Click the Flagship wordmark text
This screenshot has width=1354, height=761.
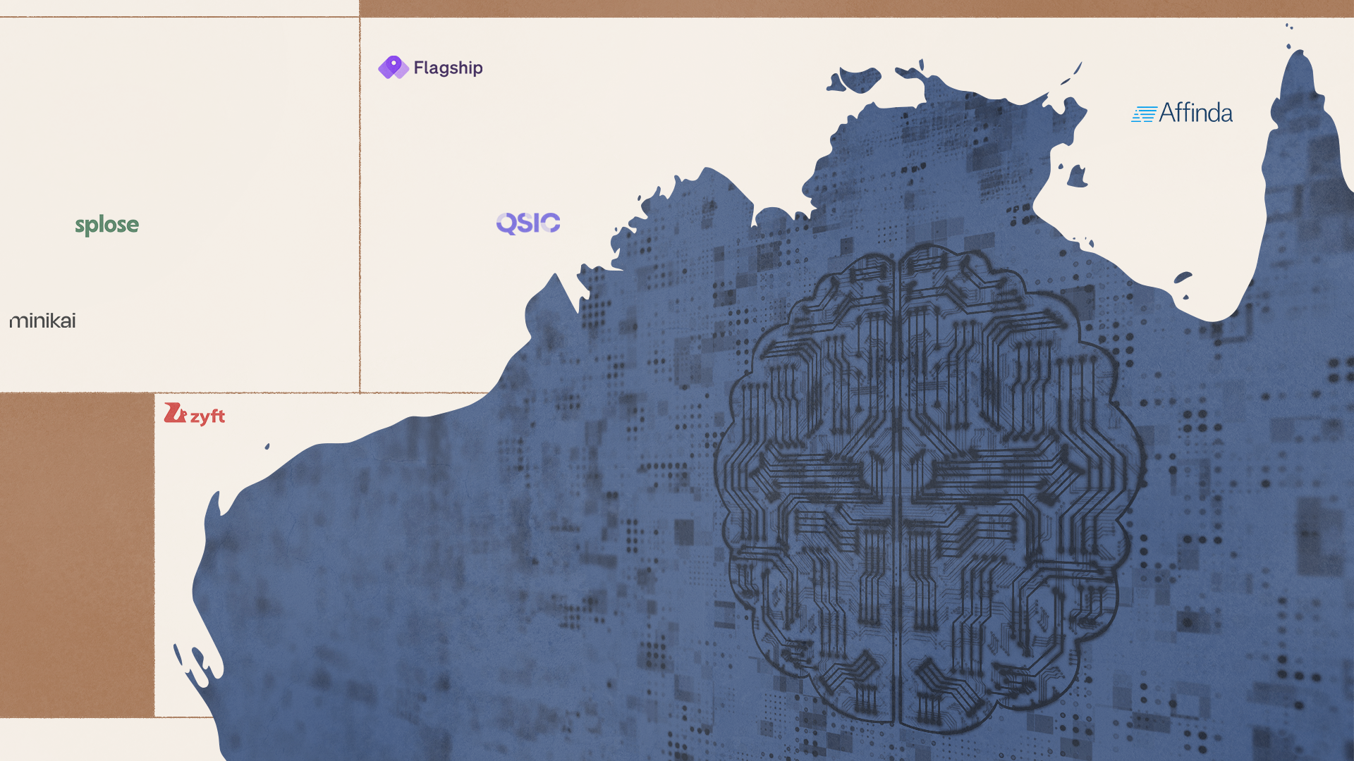pyautogui.click(x=448, y=68)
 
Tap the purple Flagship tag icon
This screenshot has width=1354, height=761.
pyautogui.click(x=393, y=68)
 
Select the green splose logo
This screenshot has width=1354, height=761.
pyautogui.click(x=107, y=225)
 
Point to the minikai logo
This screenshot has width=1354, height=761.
pyautogui.click(x=42, y=321)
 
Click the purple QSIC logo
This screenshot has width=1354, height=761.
pyautogui.click(x=528, y=223)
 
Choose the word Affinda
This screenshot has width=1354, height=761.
pyautogui.click(x=1195, y=113)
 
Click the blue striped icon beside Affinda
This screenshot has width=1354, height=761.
pyautogui.click(x=1143, y=114)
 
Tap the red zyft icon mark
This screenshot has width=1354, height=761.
pyautogui.click(x=174, y=413)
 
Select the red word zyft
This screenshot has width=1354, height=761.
pyautogui.click(x=207, y=416)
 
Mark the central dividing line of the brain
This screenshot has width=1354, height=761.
pyautogui.click(x=897, y=493)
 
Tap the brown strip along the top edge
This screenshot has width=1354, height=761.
pyautogui.click(x=846, y=8)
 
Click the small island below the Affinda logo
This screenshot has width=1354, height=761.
pyautogui.click(x=1077, y=177)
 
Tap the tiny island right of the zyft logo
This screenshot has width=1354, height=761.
pyautogui.click(x=267, y=446)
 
